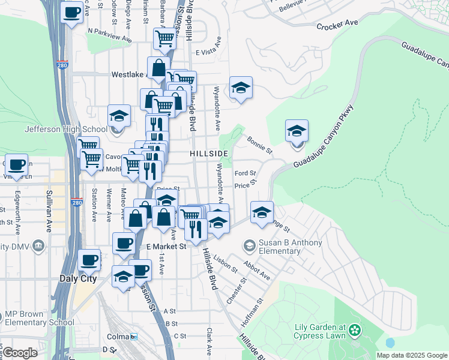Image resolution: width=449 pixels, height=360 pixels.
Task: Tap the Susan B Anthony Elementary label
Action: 291,248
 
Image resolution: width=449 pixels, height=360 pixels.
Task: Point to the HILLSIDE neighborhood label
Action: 209,154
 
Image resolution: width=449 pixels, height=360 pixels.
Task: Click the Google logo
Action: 20,353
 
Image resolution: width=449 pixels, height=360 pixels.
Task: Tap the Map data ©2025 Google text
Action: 411,355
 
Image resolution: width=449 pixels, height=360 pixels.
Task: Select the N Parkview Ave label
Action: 109,34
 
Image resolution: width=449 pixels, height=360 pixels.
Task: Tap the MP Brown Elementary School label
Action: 40,318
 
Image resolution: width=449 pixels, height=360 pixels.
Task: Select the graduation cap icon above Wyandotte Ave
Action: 241,88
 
